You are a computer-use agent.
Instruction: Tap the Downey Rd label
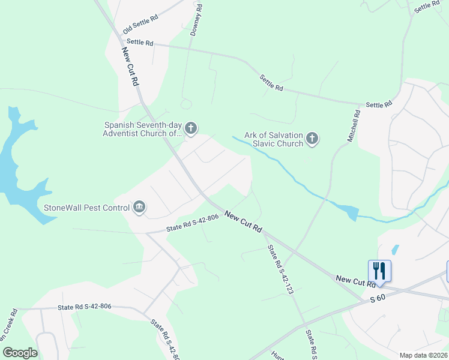click(x=196, y=19)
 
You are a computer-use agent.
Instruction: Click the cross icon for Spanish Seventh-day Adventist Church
click(x=191, y=128)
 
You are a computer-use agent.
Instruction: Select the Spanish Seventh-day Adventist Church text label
click(x=142, y=128)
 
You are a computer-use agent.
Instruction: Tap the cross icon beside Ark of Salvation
click(x=312, y=139)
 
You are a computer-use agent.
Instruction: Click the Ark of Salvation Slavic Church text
click(x=274, y=139)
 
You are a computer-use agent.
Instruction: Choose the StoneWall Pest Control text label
click(x=86, y=208)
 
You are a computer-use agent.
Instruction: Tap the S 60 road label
click(x=376, y=298)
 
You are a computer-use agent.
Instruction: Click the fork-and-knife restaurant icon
click(x=379, y=269)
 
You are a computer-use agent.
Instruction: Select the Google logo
click(x=20, y=353)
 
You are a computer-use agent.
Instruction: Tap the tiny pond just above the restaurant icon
click(x=394, y=248)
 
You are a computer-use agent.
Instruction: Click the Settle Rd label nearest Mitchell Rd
click(x=378, y=104)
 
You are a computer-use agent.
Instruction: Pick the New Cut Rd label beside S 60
click(x=352, y=280)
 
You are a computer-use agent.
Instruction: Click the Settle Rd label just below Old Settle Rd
click(x=140, y=43)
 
